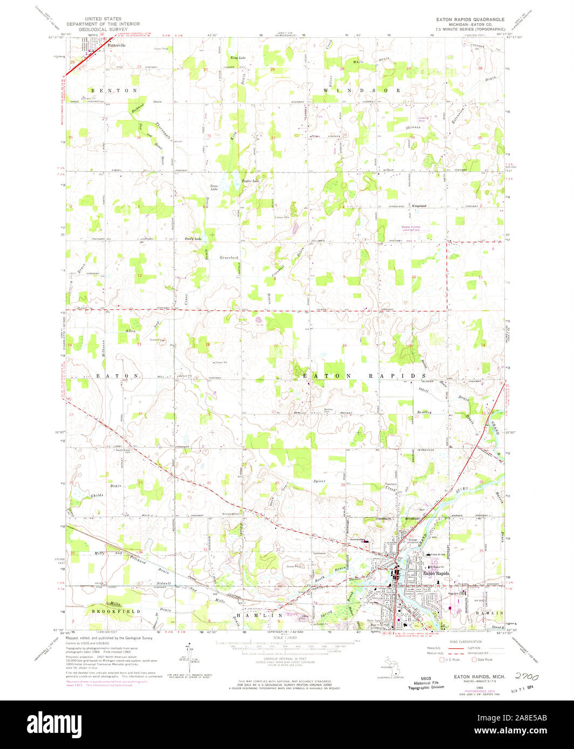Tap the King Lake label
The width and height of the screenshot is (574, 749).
(x=237, y=57)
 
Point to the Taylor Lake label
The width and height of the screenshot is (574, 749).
(x=250, y=181)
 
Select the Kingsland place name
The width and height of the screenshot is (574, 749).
(x=419, y=206)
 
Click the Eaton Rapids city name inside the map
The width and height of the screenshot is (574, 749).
(x=436, y=574)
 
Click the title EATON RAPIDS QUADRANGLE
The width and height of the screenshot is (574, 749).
(x=470, y=19)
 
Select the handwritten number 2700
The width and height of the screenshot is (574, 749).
(x=528, y=675)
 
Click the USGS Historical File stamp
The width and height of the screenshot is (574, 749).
(x=425, y=683)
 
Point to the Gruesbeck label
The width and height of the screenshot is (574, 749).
(x=229, y=257)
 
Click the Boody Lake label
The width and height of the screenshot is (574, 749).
(x=193, y=238)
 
